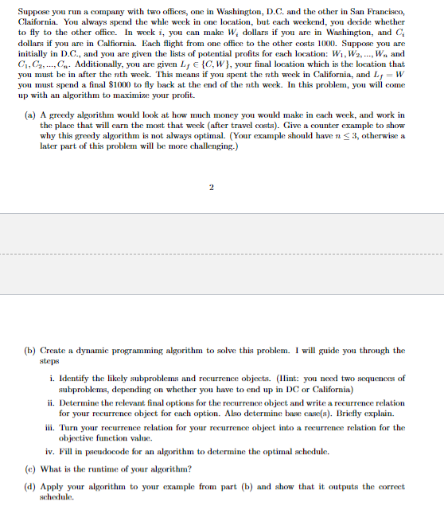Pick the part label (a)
point(29,115)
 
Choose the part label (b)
point(29,350)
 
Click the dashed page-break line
point(222,255)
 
